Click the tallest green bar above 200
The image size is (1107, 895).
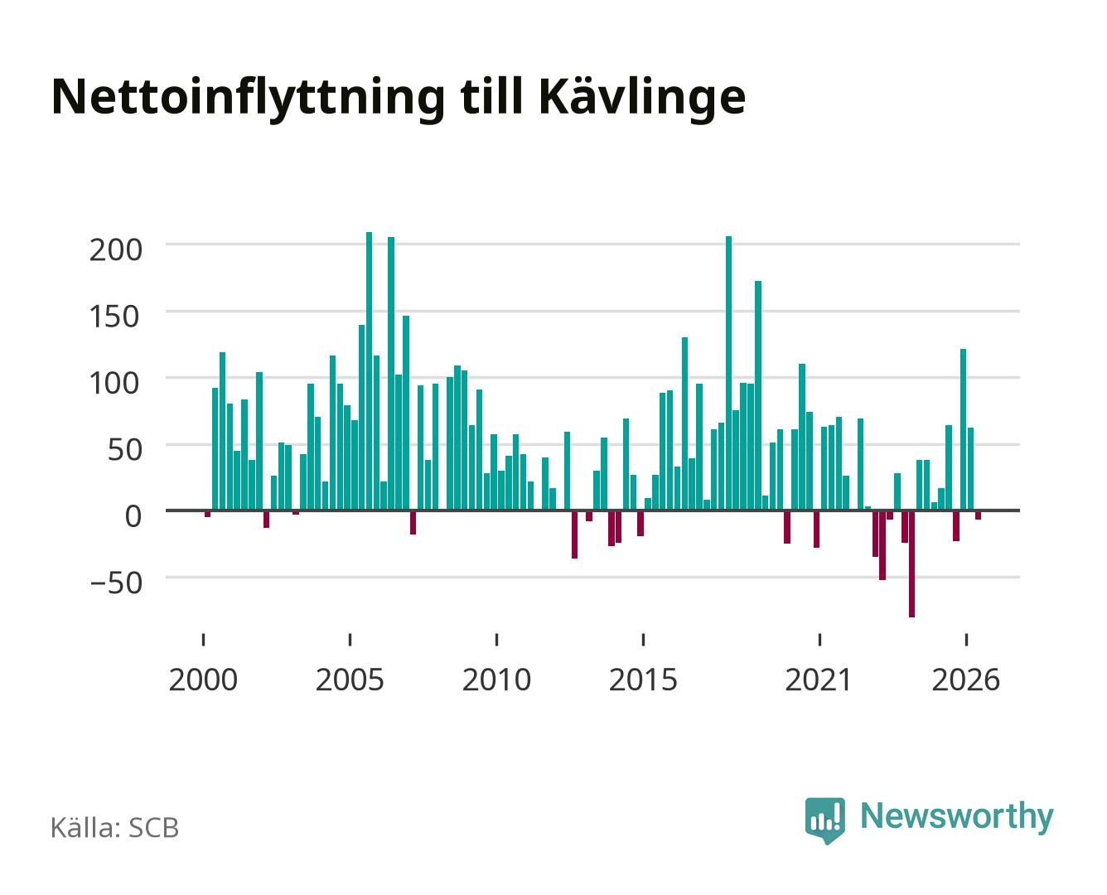(x=369, y=371)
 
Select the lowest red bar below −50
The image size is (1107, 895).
(x=912, y=564)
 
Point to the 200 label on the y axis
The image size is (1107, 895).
(x=115, y=250)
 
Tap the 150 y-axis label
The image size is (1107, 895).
(x=115, y=317)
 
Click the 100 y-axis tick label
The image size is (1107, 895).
(x=115, y=384)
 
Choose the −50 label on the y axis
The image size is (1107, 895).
(x=115, y=583)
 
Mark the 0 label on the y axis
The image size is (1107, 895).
(x=133, y=516)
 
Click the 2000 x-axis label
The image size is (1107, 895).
(x=203, y=680)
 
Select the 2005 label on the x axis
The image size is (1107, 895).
(x=350, y=680)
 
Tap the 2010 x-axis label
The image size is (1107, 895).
(x=497, y=680)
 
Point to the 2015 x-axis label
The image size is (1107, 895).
(x=644, y=680)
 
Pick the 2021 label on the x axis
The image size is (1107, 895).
(x=819, y=680)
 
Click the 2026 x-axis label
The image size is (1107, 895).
(x=966, y=680)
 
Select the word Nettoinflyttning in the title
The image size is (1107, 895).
(x=249, y=99)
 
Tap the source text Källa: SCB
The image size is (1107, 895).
(x=115, y=828)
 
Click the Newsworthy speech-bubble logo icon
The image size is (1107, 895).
(x=825, y=820)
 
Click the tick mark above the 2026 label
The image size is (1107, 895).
(x=966, y=639)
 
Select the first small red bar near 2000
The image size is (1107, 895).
(x=207, y=514)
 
